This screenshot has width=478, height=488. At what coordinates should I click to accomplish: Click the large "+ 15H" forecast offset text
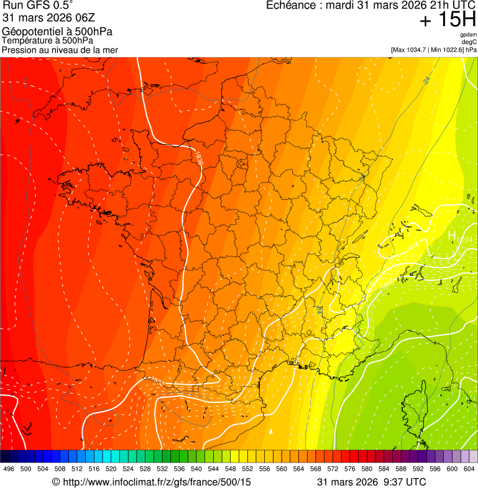point(447,20)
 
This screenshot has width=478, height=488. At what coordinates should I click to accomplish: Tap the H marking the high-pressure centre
point(453,236)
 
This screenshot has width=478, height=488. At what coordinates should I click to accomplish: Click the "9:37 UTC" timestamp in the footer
point(407,482)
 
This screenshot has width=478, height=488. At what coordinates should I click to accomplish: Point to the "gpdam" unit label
point(469,34)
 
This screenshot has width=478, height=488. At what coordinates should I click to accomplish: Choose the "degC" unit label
point(470,42)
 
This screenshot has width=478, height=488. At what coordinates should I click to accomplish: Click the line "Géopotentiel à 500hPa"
point(57,32)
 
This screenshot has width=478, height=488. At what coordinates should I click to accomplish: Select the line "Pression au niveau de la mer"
point(60,50)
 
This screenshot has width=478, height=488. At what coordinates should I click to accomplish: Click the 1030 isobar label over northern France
point(199,160)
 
